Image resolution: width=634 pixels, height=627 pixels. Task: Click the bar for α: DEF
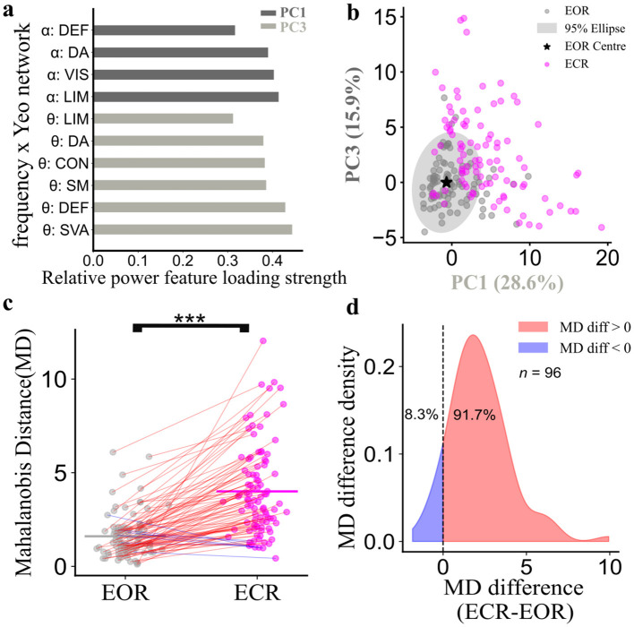point(164,30)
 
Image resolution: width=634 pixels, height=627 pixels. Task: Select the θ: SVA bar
point(193,230)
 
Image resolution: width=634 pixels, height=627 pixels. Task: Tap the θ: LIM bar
point(163,118)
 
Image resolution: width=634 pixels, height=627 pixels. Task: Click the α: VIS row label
point(68,75)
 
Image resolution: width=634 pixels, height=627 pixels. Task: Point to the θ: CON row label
point(64,163)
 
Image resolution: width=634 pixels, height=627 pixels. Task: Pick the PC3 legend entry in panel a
point(284,27)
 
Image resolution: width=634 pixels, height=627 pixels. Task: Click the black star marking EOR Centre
point(446,183)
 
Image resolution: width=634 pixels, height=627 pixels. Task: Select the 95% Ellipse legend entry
point(581,29)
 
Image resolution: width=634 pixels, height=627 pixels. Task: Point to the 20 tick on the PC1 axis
point(607,257)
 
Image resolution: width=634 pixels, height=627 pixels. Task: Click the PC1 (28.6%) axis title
point(507,283)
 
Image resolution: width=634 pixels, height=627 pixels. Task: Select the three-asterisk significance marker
point(190,319)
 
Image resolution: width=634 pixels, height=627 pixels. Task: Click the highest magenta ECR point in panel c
point(263,341)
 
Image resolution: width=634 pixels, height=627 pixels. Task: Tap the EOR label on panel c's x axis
point(125,593)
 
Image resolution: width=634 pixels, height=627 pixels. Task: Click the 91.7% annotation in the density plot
point(475,415)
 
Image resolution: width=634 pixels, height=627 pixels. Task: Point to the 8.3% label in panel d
point(421,415)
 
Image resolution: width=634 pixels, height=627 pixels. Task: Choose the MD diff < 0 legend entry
point(575,348)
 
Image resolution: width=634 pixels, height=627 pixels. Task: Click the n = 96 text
point(540,373)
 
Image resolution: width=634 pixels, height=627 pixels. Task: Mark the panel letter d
point(353,307)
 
